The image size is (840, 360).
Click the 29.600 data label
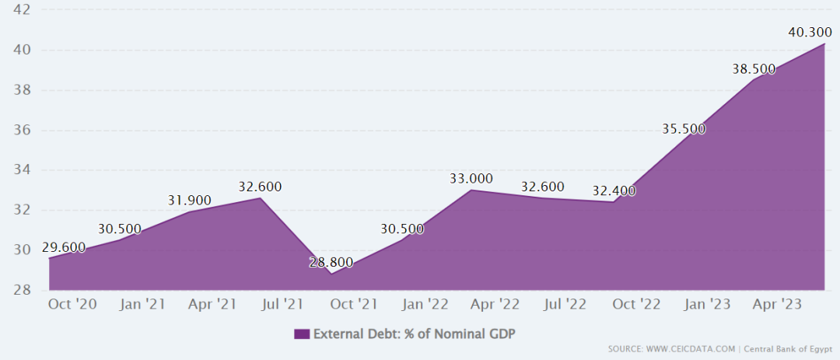pyautogui.click(x=64, y=247)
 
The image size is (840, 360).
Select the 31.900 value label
pyautogui.click(x=190, y=201)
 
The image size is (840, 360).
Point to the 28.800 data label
pyautogui.click(x=331, y=262)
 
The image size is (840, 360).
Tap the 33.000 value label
pyautogui.click(x=471, y=179)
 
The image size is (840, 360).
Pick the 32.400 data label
pyautogui.click(x=614, y=190)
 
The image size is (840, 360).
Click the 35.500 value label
pyautogui.click(x=684, y=129)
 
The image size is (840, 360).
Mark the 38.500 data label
pyautogui.click(x=754, y=69)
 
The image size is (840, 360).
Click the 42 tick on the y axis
pyautogui.click(x=22, y=10)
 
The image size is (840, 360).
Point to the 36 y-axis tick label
pyautogui.click(x=22, y=130)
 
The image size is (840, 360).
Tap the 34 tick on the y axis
pyautogui.click(x=22, y=170)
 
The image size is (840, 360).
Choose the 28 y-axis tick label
pyautogui.click(x=22, y=290)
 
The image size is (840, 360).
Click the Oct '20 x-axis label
pyautogui.click(x=72, y=304)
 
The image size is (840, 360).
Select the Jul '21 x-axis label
pyautogui.click(x=282, y=304)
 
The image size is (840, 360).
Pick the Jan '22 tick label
pyautogui.click(x=425, y=304)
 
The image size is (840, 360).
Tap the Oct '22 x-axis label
pyautogui.click(x=636, y=304)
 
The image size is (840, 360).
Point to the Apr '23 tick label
pyautogui.click(x=777, y=304)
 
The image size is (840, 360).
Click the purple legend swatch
pyautogui.click(x=302, y=334)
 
